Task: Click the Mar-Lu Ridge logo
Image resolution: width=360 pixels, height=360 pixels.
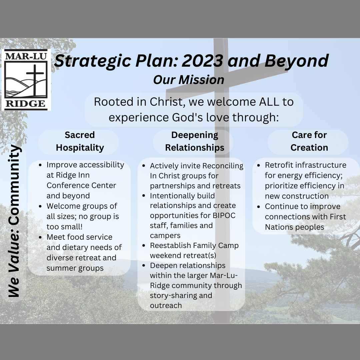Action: point(26,80)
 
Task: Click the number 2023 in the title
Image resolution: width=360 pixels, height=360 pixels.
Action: point(203,61)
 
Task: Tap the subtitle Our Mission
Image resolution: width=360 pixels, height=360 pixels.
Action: point(188,80)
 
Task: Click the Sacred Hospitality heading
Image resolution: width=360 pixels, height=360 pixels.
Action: point(80,141)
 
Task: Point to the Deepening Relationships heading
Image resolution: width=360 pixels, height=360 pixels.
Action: point(194,141)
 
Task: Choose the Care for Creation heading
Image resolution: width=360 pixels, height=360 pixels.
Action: point(309,141)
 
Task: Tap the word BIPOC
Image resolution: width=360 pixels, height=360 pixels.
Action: point(224,215)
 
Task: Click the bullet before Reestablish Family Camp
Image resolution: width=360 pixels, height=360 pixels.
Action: point(144,246)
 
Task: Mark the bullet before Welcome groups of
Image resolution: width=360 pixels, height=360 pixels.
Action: point(40,206)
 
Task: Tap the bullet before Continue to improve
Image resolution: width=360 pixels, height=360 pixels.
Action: point(259,207)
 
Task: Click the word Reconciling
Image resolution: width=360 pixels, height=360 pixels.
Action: point(223,166)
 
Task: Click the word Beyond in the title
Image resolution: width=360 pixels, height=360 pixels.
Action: point(297,61)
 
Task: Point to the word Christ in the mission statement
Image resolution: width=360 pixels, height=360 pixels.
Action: point(167,102)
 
